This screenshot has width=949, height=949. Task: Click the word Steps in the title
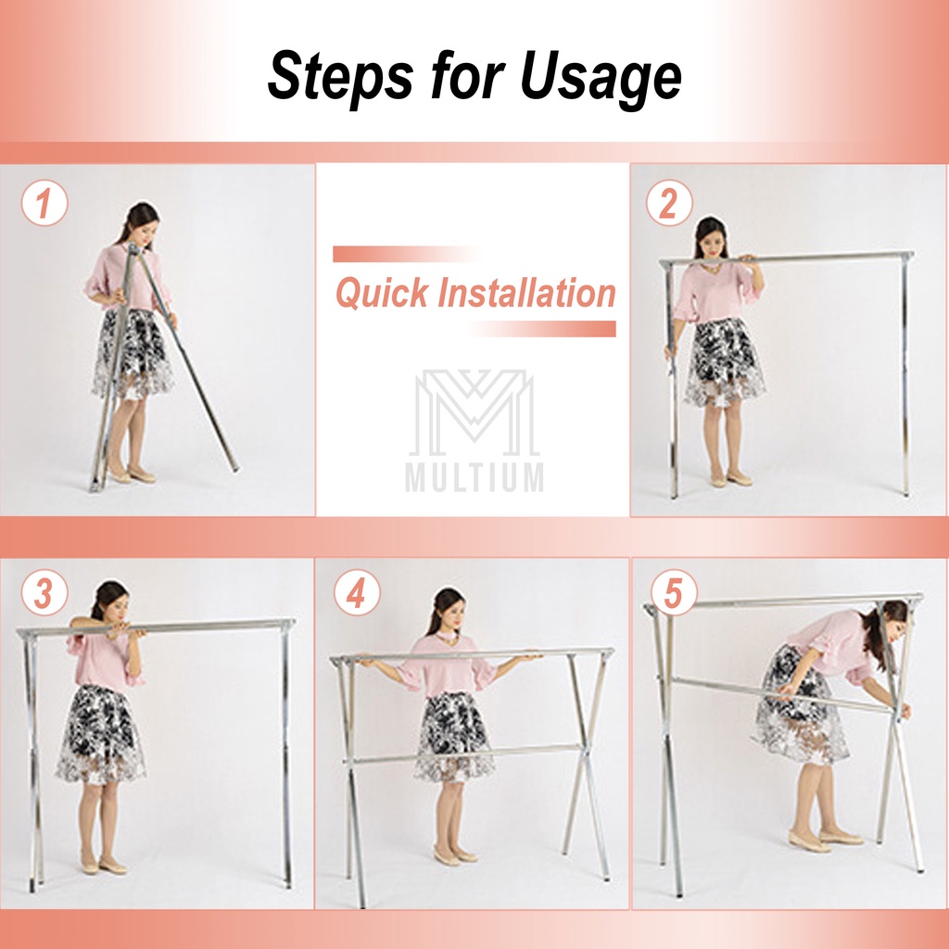coord(341,77)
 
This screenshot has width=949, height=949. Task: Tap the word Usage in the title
coord(601,77)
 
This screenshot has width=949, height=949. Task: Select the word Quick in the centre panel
coord(382,292)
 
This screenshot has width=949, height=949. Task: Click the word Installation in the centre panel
coord(526,292)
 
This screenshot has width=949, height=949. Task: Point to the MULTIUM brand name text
coord(474,477)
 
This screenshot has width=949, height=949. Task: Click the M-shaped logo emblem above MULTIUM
coord(474,412)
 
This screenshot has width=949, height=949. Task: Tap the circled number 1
coord(44,203)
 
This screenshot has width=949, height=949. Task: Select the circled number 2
coord(669,203)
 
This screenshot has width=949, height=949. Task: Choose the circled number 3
coord(44,593)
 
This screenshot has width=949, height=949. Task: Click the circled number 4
coord(357,593)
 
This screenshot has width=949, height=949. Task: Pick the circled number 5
coord(674,593)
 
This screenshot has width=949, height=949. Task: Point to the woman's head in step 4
coord(448,610)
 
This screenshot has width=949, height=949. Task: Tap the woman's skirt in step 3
coord(101,734)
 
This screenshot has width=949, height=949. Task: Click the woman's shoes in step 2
coord(731,481)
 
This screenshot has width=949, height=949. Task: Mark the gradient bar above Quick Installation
coord(407,254)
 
